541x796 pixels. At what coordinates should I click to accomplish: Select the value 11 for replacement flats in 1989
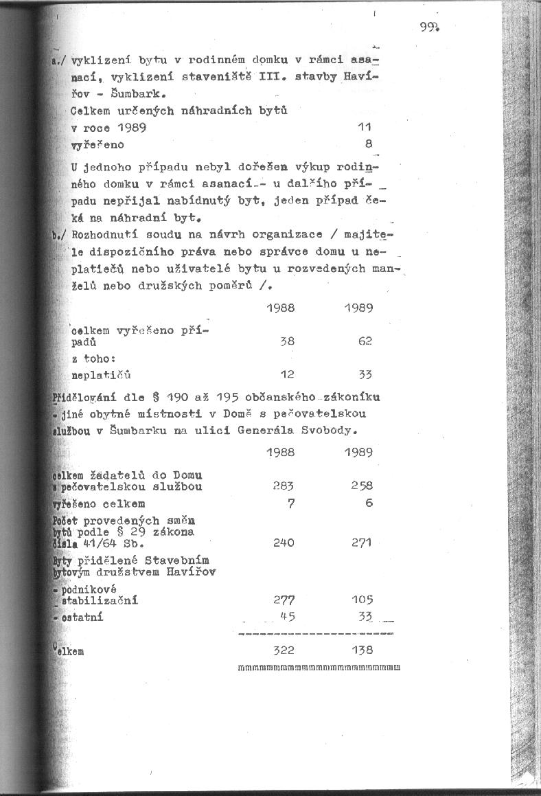(365, 127)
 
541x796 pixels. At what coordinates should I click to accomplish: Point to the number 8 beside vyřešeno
(369, 145)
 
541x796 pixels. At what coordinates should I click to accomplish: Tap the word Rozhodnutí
(102, 235)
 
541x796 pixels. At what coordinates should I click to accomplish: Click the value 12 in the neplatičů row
(287, 374)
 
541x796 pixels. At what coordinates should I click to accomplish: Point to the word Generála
(267, 431)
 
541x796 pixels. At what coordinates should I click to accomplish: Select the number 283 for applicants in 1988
(283, 486)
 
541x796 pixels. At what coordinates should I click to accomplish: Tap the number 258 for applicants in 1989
(361, 486)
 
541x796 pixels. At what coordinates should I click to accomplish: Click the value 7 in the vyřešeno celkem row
(292, 503)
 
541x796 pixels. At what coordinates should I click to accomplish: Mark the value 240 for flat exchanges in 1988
(284, 543)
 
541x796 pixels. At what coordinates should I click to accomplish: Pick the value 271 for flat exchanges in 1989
(361, 543)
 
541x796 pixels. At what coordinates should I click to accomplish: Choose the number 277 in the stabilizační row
(284, 600)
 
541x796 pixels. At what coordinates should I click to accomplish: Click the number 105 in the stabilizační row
(361, 600)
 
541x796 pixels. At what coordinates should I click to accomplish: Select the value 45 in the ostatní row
(288, 617)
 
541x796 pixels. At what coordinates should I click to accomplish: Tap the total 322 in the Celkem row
(284, 650)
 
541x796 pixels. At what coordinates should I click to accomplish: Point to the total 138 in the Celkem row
(361, 650)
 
